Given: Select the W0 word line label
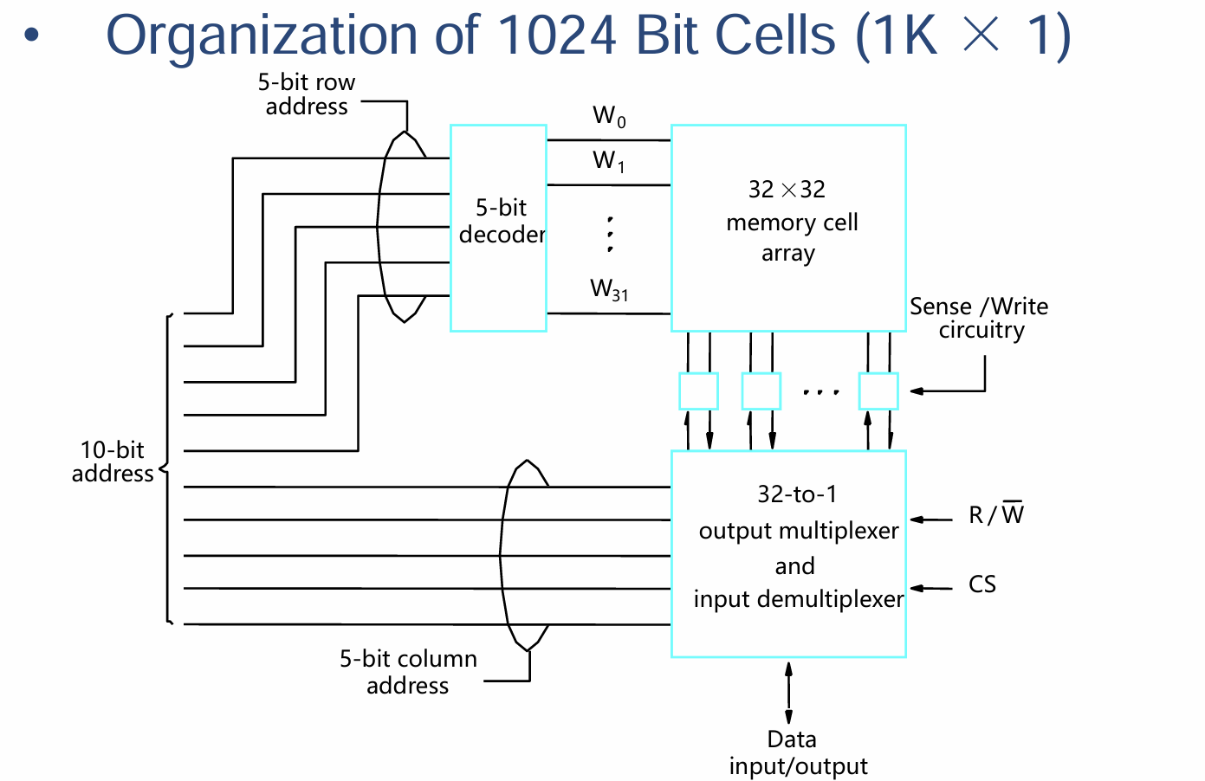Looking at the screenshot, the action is pyautogui.click(x=609, y=116).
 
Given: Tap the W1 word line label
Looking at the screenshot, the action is pyautogui.click(x=608, y=161).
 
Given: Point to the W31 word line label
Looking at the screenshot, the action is pyautogui.click(x=609, y=290).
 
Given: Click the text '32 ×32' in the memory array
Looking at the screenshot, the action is pyautogui.click(x=787, y=190).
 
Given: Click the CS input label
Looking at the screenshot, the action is pyautogui.click(x=981, y=584).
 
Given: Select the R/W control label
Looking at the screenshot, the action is pyautogui.click(x=996, y=513).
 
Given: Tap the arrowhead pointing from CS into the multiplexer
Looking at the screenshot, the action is pyautogui.click(x=917, y=588).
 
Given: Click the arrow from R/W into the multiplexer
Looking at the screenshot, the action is pyautogui.click(x=930, y=520).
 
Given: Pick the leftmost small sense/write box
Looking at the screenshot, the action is pyautogui.click(x=698, y=391).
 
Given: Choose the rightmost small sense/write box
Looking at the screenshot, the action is pyautogui.click(x=878, y=391).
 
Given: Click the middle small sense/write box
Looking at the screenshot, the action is pyautogui.click(x=761, y=391).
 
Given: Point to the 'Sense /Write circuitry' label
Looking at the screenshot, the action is pyautogui.click(x=979, y=319).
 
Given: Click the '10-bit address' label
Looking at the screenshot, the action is pyautogui.click(x=113, y=461).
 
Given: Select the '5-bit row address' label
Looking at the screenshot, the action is pyautogui.click(x=307, y=94).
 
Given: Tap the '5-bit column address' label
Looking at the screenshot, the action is pyautogui.click(x=408, y=672).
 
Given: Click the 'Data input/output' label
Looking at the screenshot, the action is pyautogui.click(x=798, y=752).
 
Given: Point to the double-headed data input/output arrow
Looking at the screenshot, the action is pyautogui.click(x=788, y=693).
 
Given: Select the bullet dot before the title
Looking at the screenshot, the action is pyautogui.click(x=32, y=35).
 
